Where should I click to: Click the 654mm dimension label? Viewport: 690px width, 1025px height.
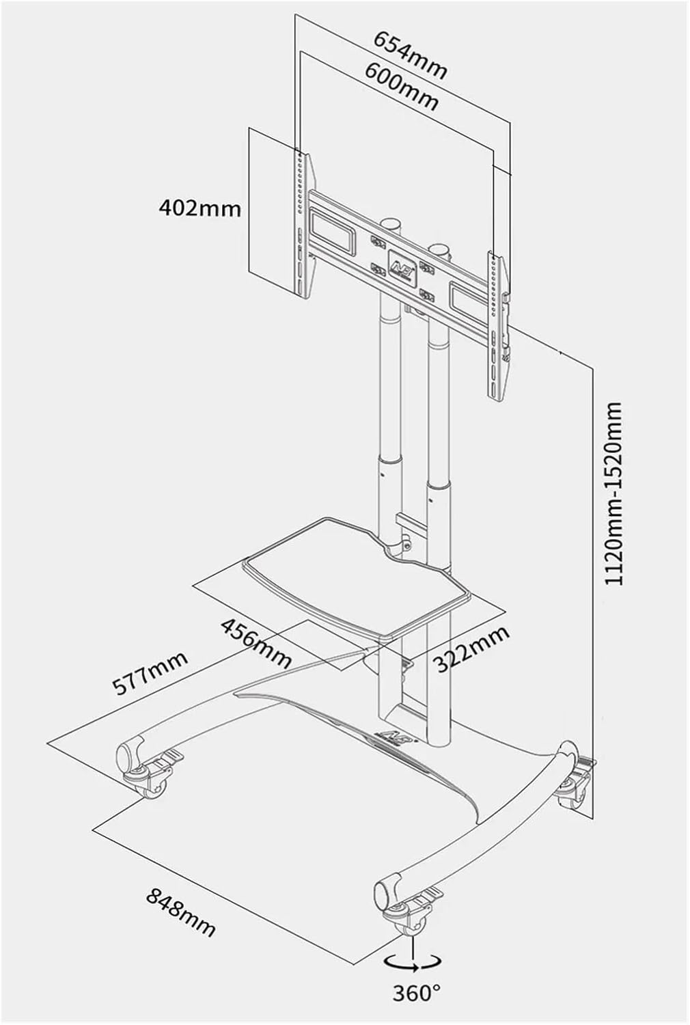tap(410, 54)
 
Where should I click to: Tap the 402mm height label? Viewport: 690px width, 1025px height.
tap(199, 207)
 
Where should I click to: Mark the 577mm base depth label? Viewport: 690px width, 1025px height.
tap(150, 672)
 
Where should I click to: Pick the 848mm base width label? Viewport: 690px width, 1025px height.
tap(180, 912)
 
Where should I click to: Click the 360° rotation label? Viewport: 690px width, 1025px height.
tap(416, 992)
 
